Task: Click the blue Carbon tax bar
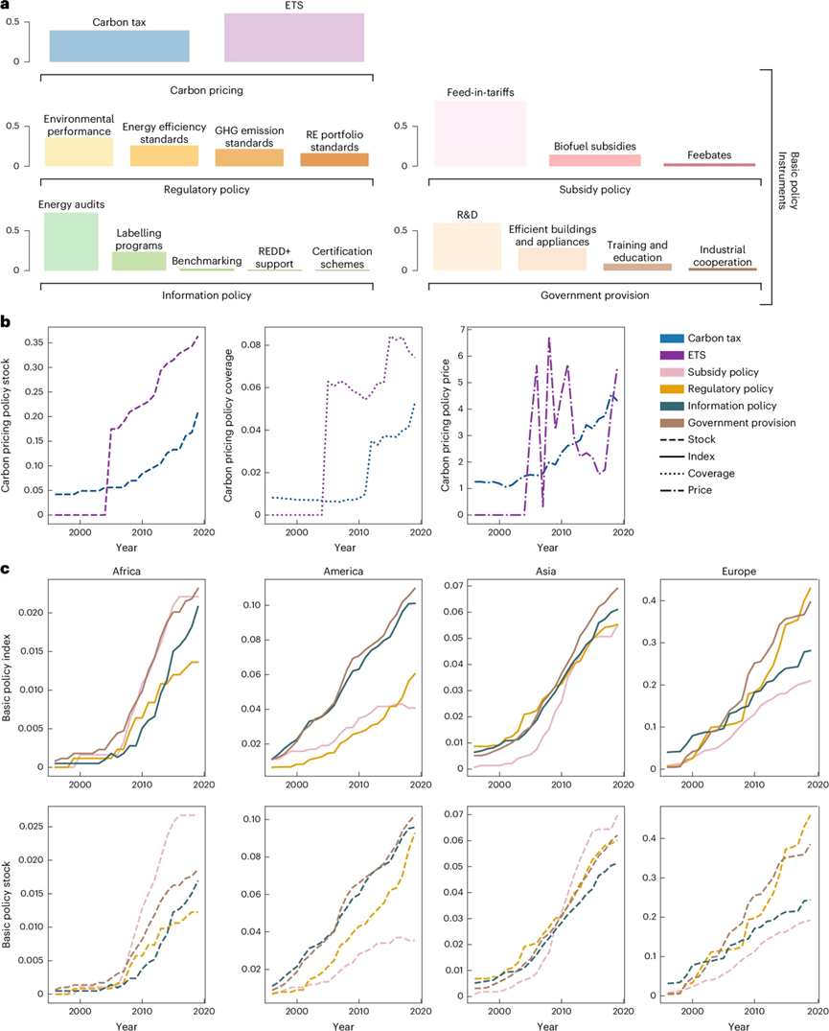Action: [120, 45]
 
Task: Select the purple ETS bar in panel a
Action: [293, 37]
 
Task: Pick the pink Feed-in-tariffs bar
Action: [480, 133]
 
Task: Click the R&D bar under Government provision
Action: [467, 246]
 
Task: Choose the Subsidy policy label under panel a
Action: [595, 190]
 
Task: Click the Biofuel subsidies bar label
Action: [595, 147]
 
